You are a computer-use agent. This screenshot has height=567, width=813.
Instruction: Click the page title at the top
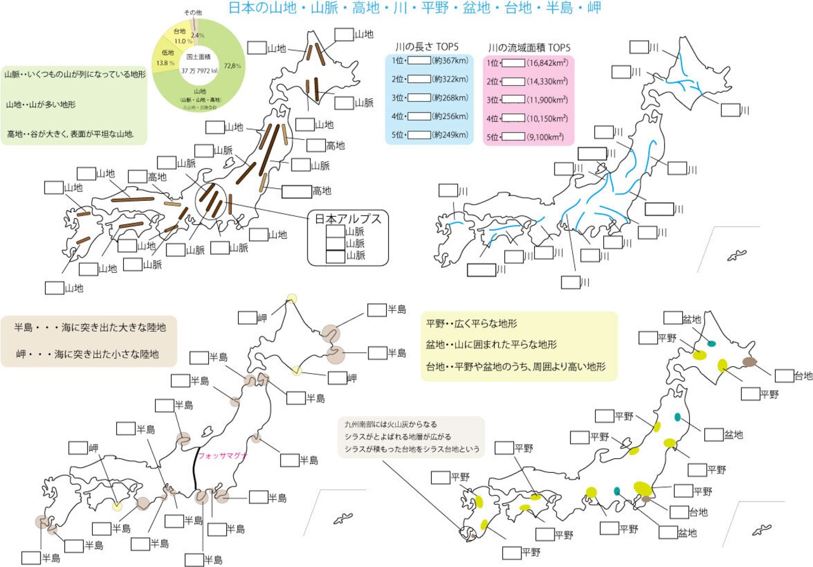[x=414, y=8]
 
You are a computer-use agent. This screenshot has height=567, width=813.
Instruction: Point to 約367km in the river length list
[x=450, y=62]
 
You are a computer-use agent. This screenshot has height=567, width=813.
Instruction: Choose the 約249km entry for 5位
[x=450, y=135]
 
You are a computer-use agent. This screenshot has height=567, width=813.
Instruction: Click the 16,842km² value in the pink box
[x=546, y=62]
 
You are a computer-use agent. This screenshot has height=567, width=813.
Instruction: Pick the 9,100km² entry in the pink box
[x=546, y=136]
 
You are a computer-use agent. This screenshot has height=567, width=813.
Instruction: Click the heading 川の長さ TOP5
[x=427, y=46]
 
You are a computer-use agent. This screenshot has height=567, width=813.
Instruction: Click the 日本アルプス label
[x=347, y=219]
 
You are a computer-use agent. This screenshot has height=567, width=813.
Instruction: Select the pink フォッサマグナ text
[x=222, y=456]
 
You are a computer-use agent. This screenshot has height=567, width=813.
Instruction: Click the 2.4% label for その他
[x=198, y=36]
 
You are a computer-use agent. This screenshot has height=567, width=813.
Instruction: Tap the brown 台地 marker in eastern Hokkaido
[x=750, y=362]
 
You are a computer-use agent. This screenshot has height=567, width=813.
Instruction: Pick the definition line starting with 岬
[x=88, y=353]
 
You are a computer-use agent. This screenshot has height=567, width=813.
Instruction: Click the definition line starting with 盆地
[x=492, y=345]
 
